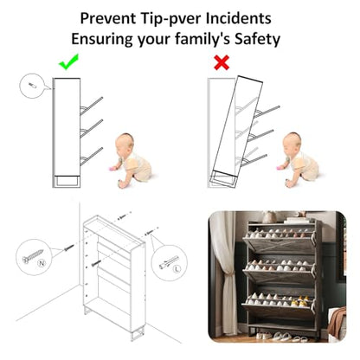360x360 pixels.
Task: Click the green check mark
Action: [x=68, y=62]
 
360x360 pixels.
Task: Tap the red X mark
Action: [x=222, y=62]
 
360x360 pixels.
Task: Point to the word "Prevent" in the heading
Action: [x=108, y=18]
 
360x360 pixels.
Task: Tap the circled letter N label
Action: [x=42, y=263]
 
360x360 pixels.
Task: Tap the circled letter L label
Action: [x=177, y=269]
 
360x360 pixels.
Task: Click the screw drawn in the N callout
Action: [x=33, y=255]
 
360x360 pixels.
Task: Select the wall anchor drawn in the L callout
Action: [x=169, y=261]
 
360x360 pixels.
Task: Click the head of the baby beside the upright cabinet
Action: [x=125, y=142]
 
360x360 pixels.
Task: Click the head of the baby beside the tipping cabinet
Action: [x=292, y=141]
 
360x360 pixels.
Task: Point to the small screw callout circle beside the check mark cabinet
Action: [x=32, y=86]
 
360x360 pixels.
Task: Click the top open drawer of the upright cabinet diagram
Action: [x=91, y=106]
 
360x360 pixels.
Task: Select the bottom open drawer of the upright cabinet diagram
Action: [x=91, y=157]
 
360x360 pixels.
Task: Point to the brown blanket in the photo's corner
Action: [x=337, y=322]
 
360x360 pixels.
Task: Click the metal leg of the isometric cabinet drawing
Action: [x=138, y=335]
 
